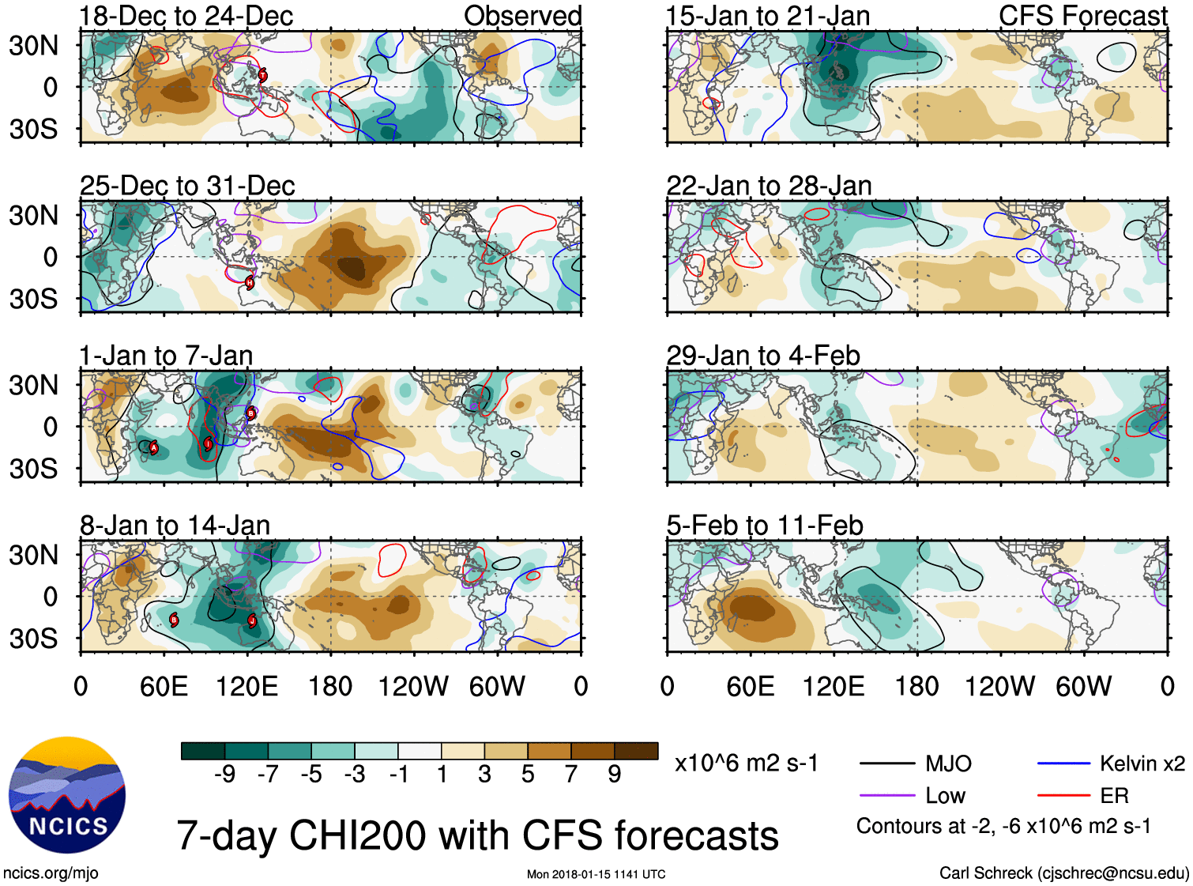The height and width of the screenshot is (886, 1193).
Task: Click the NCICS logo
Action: click(67, 795)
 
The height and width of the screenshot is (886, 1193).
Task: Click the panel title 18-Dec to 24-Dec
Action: click(186, 16)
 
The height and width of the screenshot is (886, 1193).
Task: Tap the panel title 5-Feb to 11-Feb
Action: click(765, 526)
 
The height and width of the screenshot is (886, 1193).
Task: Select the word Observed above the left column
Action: click(522, 16)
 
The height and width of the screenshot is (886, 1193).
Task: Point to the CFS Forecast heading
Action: click(1082, 16)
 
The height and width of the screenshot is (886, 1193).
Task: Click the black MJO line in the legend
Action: click(888, 763)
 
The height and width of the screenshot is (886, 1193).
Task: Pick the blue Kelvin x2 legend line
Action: click(1064, 763)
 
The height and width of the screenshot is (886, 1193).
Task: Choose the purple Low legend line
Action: click(888, 795)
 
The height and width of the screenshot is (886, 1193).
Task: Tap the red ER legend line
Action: click(1064, 795)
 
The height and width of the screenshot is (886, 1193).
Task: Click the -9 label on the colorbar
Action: click(224, 775)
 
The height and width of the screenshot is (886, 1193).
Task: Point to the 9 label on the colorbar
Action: click(615, 775)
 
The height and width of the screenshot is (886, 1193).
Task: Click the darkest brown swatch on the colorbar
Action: click(636, 751)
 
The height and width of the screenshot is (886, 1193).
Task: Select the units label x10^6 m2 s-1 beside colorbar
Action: click(747, 763)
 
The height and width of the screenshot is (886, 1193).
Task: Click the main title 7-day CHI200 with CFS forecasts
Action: click(477, 836)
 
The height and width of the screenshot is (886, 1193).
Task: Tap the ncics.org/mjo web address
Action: click(51, 873)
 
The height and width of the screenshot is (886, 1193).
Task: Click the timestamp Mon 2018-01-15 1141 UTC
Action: click(596, 874)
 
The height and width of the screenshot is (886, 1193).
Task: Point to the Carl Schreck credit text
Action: click(1063, 873)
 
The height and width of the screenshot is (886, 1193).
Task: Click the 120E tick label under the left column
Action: click(247, 686)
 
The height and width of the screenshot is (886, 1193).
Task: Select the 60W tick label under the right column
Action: click(1083, 686)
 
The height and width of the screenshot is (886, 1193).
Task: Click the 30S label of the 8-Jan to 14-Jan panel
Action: click(34, 638)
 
